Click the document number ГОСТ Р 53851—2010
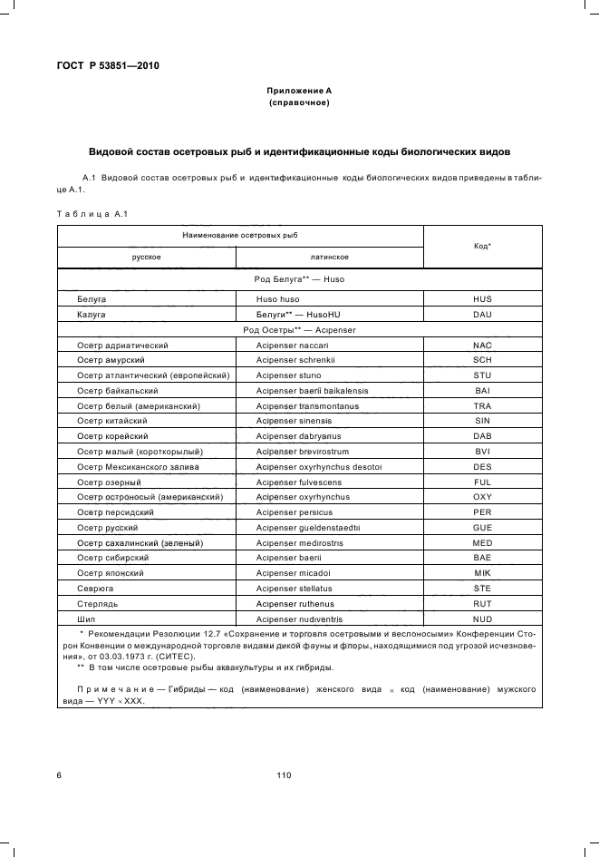click(x=101, y=65)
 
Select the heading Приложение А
click(x=298, y=92)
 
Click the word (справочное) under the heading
click(x=298, y=103)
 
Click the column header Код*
click(x=482, y=246)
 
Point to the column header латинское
click(x=329, y=258)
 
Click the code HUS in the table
click(x=482, y=298)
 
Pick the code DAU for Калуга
click(x=482, y=314)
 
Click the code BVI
click(x=482, y=451)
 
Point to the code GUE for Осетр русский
click(x=482, y=527)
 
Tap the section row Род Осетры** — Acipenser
click(x=298, y=329)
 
